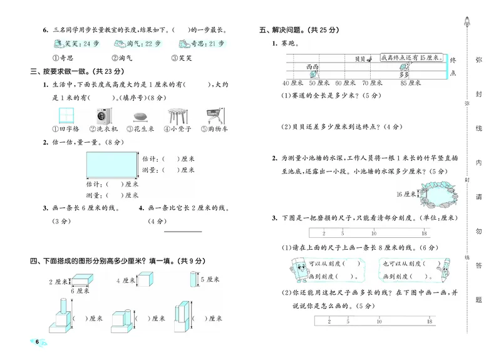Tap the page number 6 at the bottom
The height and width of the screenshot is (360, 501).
click(38, 342)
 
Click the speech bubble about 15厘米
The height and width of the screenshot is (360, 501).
click(410, 58)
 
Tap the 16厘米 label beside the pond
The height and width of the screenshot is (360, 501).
click(407, 194)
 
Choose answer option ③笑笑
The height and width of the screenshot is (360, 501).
click(181, 57)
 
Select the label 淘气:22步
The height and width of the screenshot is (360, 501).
click(133, 44)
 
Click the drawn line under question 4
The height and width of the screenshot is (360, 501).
click(182, 232)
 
